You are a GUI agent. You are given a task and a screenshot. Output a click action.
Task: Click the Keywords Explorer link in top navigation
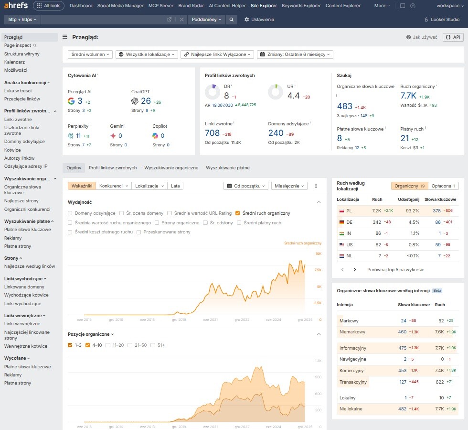tap(301, 6)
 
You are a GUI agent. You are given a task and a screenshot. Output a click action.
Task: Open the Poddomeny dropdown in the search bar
tap(207, 20)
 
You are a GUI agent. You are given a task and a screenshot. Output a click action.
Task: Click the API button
tap(453, 37)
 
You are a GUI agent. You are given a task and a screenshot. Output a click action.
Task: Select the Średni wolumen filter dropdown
tap(90, 55)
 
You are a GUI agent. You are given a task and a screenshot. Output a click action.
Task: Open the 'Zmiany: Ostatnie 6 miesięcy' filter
tap(295, 55)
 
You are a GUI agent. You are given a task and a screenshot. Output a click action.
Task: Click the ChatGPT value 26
tap(146, 101)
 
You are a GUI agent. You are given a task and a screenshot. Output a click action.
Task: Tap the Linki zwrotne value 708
tap(212, 133)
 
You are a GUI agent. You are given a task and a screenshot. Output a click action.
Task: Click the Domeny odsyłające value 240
tap(276, 133)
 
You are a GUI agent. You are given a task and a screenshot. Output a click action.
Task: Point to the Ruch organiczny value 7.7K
tap(408, 96)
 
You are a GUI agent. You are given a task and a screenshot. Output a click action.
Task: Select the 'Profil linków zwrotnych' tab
tap(113, 168)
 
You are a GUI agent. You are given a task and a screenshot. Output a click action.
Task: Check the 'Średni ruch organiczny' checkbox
tap(237, 213)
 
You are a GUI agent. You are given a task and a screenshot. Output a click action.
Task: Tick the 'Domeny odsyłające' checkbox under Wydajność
tap(71, 213)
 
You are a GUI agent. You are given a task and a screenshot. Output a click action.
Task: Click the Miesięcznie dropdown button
tap(289, 186)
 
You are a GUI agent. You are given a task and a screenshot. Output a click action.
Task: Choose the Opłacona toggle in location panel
tap(443, 186)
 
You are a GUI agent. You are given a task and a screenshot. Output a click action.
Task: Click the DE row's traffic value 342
tap(377, 222)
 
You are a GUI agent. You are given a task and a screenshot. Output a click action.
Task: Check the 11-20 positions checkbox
tap(108, 345)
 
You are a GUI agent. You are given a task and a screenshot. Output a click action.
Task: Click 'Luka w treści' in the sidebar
tap(18, 90)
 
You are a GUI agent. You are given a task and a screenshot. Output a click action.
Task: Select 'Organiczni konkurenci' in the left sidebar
tap(27, 209)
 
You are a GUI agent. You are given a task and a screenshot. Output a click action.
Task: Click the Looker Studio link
tap(442, 20)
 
